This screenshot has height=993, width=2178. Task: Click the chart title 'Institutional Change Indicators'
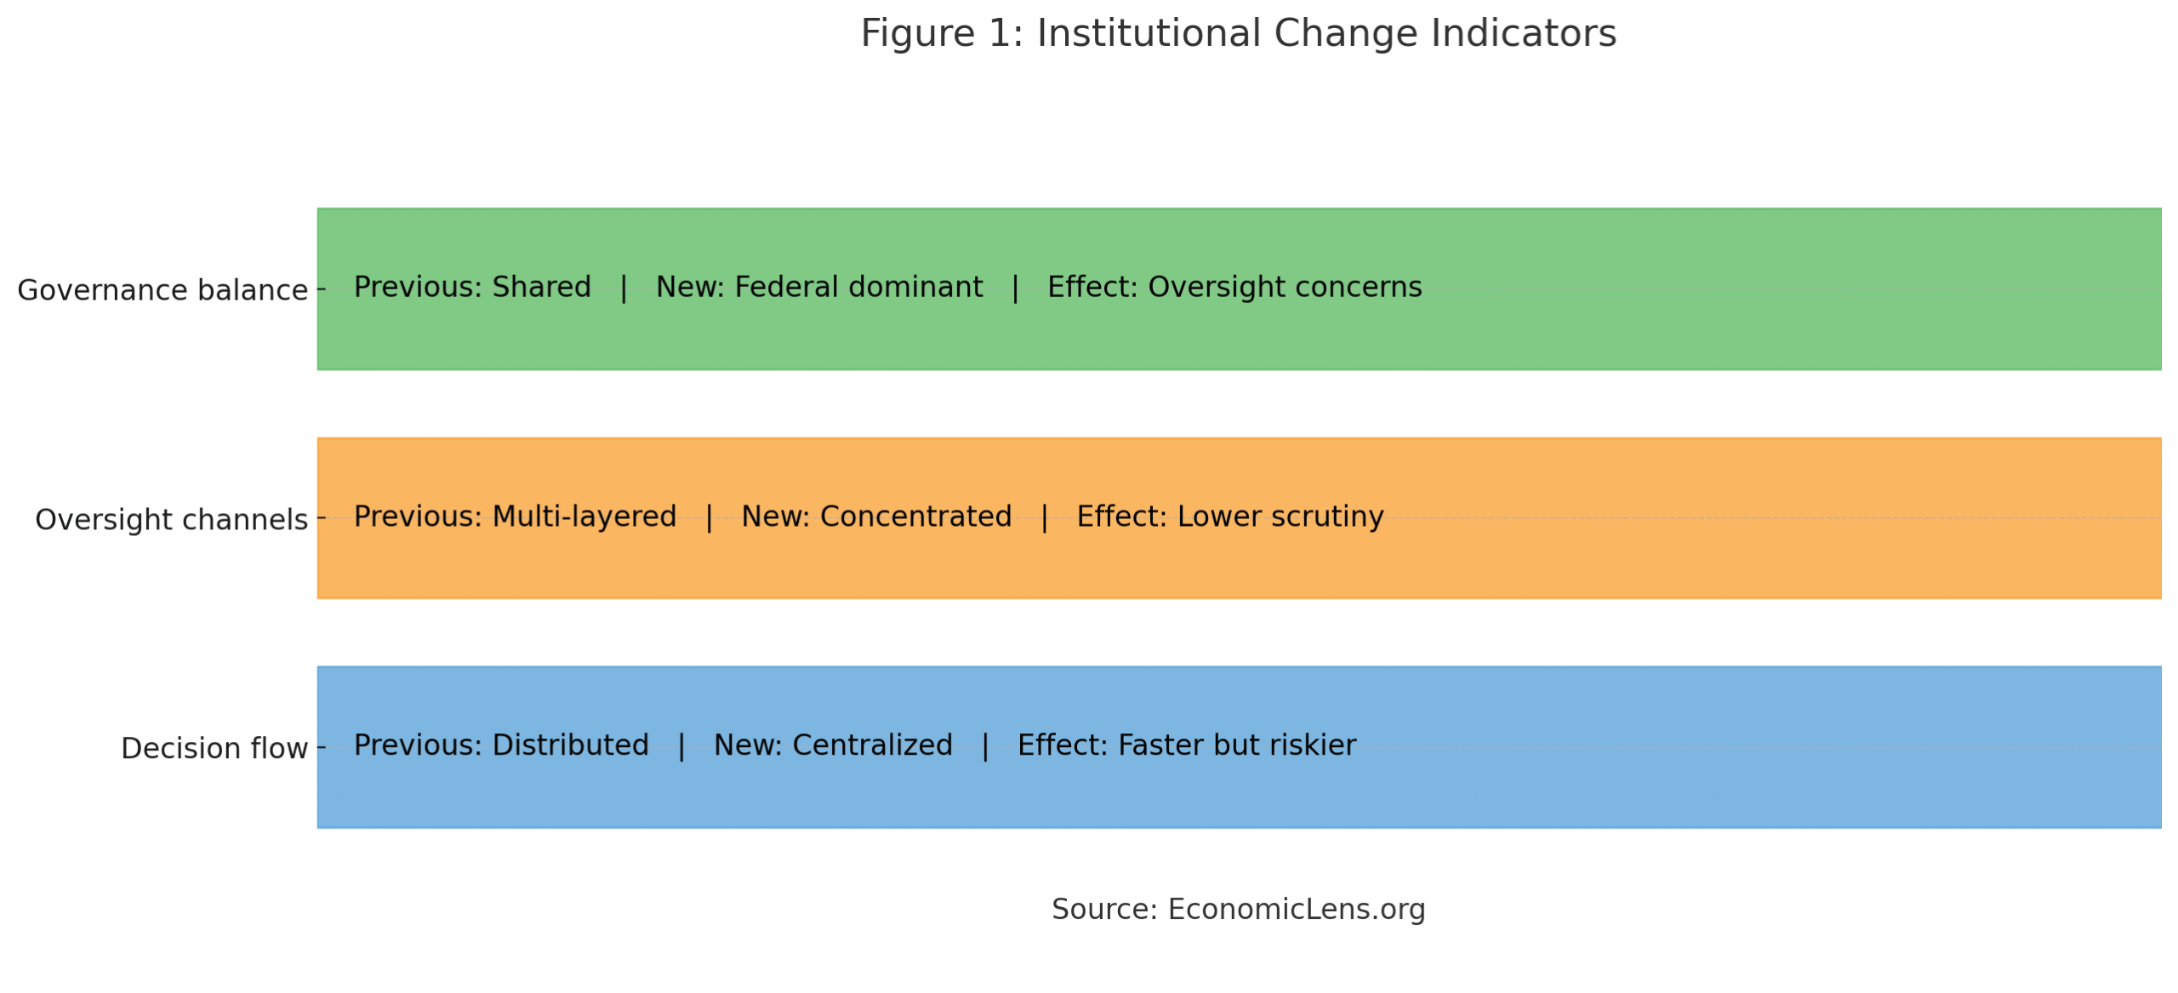1326,34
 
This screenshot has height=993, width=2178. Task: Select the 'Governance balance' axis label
162,290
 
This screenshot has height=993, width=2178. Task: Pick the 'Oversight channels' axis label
170,519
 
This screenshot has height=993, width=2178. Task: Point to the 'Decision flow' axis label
214,748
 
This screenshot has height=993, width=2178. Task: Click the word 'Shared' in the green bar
541,287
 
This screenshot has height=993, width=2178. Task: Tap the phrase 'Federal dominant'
858,287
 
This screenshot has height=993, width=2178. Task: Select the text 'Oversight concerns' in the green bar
1285,287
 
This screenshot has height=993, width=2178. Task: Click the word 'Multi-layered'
584,516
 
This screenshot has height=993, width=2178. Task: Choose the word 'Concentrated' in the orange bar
915,516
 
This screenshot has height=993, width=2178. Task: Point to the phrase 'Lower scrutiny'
1280,516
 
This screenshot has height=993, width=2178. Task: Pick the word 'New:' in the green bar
689,287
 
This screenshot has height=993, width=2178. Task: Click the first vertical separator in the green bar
624,288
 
